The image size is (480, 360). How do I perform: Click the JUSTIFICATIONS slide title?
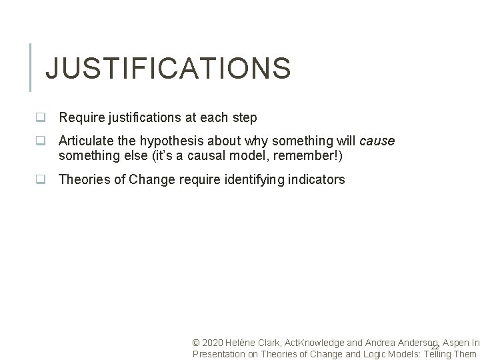(x=167, y=68)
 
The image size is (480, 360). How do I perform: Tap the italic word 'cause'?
(x=377, y=141)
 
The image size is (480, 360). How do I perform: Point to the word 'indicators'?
(x=317, y=179)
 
